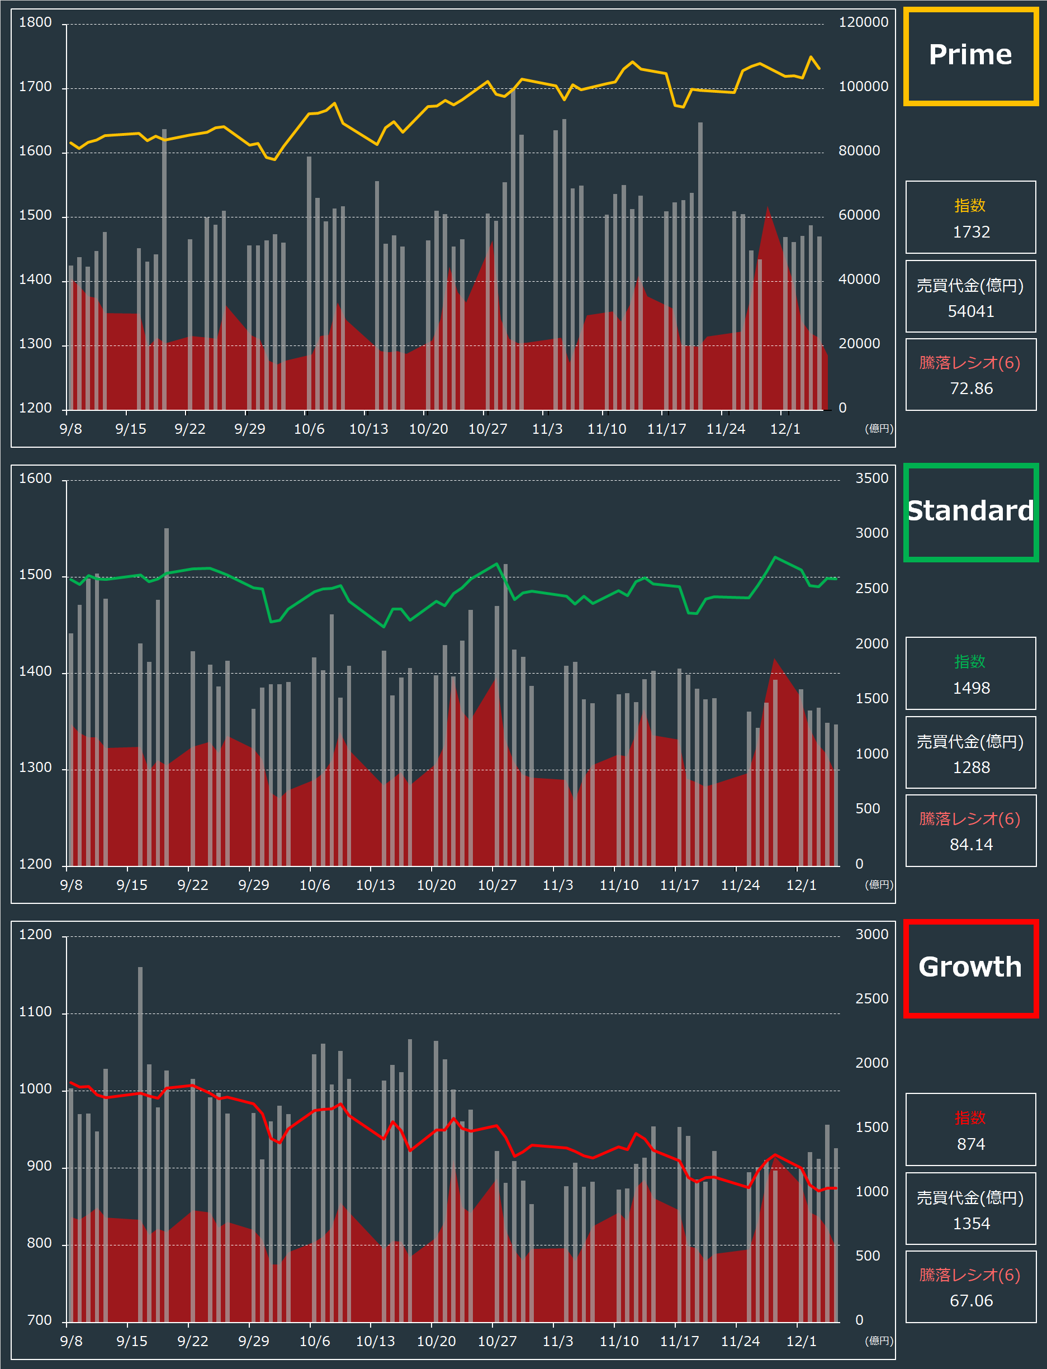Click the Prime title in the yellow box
tap(970, 55)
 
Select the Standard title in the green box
tap(970, 511)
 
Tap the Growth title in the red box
tap(970, 967)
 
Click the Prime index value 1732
tap(971, 232)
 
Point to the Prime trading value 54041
tap(971, 311)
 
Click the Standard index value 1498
tap(971, 688)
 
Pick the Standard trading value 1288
tap(971, 767)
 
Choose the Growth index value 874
tap(971, 1144)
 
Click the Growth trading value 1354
tap(971, 1223)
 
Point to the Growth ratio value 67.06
tap(971, 1300)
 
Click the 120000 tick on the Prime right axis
tap(863, 22)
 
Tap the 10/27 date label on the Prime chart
tap(487, 429)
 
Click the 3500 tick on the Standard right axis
tap(871, 479)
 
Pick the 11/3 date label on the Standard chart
tap(558, 885)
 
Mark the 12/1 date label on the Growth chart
tap(801, 1341)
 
